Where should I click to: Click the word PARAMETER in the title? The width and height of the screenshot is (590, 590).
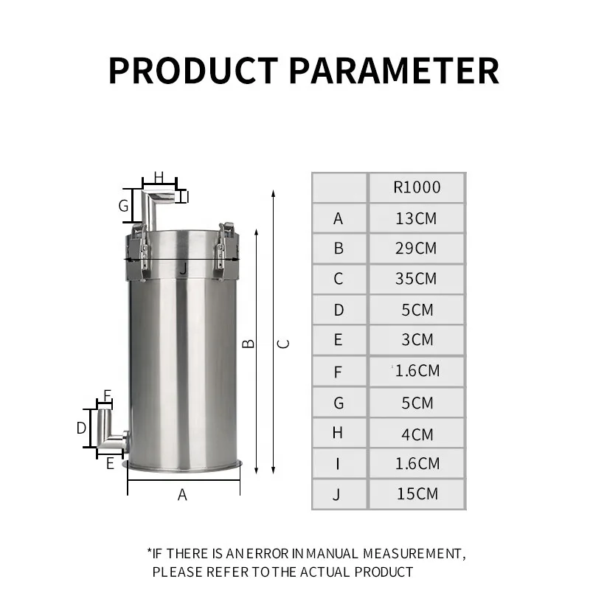click(x=394, y=71)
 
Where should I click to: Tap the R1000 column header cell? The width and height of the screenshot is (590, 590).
click(x=417, y=187)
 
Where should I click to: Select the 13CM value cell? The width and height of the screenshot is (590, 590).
click(x=417, y=218)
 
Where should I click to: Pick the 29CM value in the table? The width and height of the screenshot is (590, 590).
click(x=417, y=249)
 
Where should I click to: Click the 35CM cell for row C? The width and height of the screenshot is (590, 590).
click(x=417, y=280)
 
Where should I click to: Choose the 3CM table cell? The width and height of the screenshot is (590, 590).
click(x=417, y=341)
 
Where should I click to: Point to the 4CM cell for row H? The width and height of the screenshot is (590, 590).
click(x=417, y=434)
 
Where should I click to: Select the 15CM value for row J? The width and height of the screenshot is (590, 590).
click(x=417, y=493)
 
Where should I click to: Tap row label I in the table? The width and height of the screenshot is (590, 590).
click(x=339, y=464)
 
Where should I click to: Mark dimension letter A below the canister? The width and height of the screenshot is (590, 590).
click(x=183, y=495)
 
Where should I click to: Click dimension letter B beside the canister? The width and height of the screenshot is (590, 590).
click(x=249, y=344)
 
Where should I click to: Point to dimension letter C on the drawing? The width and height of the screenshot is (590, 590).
click(x=284, y=344)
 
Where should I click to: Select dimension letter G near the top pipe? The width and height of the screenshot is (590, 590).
click(x=123, y=206)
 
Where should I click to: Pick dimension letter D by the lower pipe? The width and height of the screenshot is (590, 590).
click(x=82, y=428)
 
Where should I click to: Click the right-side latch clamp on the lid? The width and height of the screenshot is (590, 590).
click(x=223, y=251)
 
